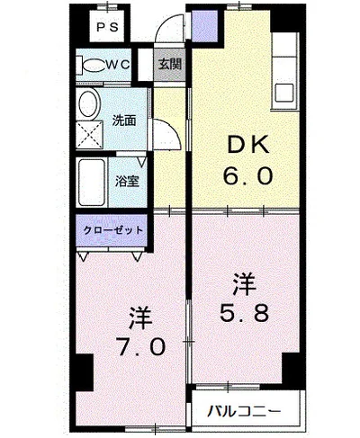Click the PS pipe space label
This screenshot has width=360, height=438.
click(x=108, y=27)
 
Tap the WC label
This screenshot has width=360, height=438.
click(x=119, y=64)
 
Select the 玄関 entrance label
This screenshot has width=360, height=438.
click(x=170, y=64)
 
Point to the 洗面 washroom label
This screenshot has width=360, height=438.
click(x=124, y=121)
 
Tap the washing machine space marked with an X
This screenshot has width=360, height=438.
click(x=89, y=135)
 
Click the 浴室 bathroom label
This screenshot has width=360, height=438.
click(x=127, y=182)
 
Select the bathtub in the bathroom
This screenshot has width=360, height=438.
click(x=92, y=182)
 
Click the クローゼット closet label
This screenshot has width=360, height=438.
click(x=112, y=230)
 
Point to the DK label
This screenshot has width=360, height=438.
click(x=247, y=147)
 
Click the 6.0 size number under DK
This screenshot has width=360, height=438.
click(x=247, y=176)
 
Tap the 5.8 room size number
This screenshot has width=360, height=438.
click(x=244, y=312)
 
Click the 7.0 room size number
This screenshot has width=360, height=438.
click(x=141, y=347)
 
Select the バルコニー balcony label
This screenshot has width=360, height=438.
click(x=245, y=411)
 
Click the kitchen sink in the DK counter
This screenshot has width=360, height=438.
click(x=284, y=93)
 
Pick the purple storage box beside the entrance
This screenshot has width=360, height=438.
click(x=204, y=26)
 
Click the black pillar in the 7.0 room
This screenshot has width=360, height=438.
click(x=85, y=372)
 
